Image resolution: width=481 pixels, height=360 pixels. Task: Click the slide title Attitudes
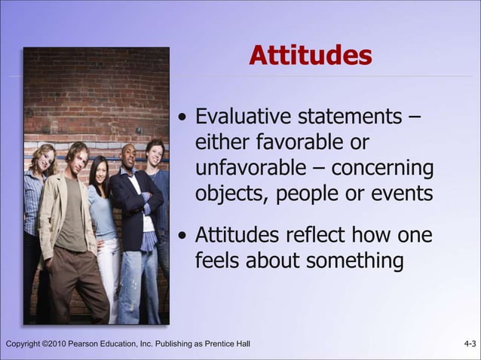pos(310,56)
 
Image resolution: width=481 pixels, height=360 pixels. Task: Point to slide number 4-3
pos(470,345)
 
